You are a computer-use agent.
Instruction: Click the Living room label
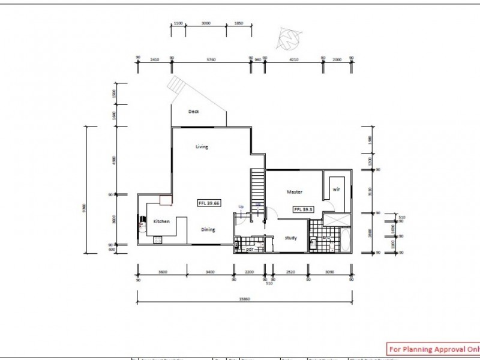pyautogui.click(x=202, y=146)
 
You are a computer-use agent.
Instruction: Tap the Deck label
pyautogui.click(x=193, y=112)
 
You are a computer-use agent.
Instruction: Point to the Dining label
pyautogui.click(x=208, y=229)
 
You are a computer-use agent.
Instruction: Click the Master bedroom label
pyautogui.click(x=294, y=192)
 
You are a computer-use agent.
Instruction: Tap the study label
pyautogui.click(x=291, y=238)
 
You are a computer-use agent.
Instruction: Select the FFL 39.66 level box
pyautogui.click(x=209, y=203)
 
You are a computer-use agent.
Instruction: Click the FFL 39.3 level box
pyautogui.click(x=303, y=209)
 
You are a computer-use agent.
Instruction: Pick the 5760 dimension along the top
pyautogui.click(x=211, y=59)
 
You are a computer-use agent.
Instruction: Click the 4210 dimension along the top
pyautogui.click(x=293, y=59)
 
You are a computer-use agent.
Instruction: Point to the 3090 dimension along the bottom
pyautogui.click(x=329, y=272)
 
